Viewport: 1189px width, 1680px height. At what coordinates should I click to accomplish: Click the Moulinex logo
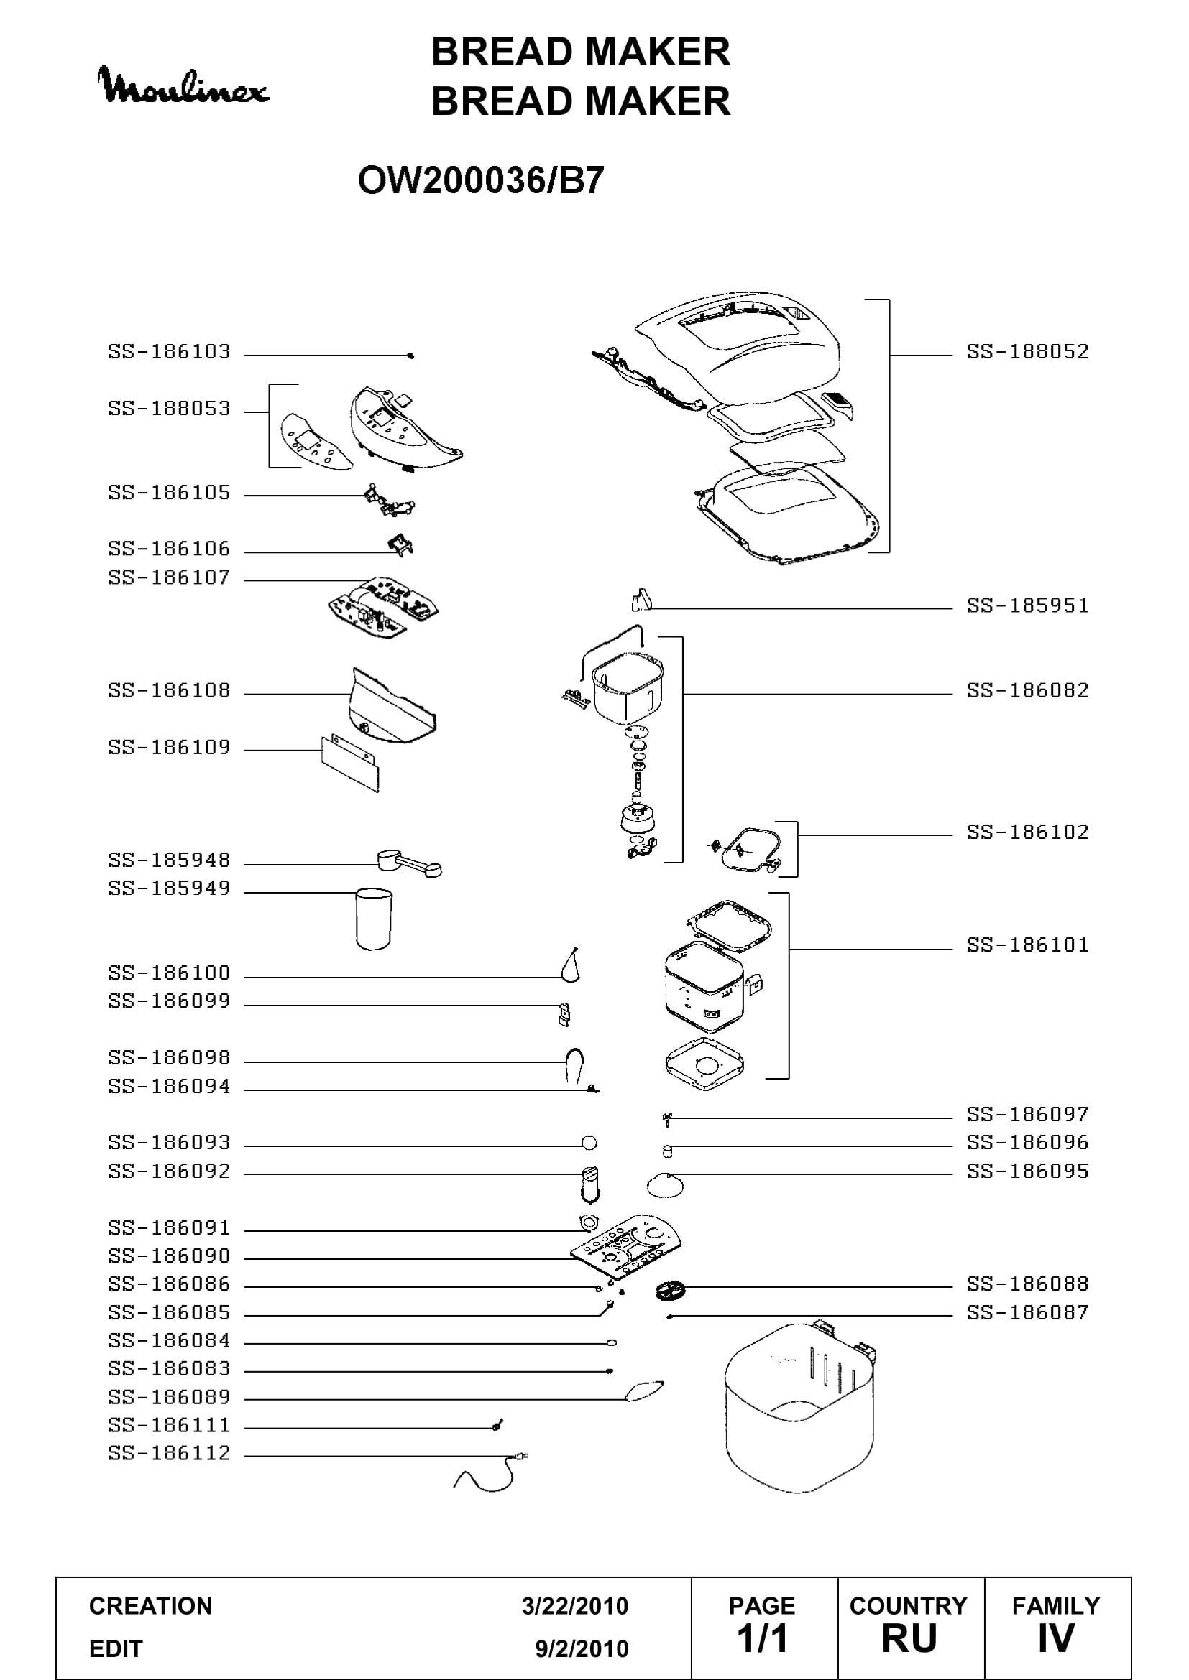184,85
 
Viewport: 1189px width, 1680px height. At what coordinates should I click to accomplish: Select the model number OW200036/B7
481,180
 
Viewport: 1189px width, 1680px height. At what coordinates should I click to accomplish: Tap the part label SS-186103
170,352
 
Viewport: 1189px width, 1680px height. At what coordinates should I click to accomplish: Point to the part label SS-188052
1028,352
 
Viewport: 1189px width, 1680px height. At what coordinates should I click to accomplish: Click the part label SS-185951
1028,606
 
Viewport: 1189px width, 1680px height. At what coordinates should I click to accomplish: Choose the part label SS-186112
170,1453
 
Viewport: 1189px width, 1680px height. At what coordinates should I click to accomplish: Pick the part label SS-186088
1028,1284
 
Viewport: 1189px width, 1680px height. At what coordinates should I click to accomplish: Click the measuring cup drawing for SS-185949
373,919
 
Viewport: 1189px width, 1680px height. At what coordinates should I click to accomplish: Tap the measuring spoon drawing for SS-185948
409,863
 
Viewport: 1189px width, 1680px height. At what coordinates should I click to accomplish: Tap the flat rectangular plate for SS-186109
350,765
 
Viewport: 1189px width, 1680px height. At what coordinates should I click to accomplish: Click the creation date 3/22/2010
575,1606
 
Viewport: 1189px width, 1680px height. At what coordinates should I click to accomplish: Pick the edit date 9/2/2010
582,1648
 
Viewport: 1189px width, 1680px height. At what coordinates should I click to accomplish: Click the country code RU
909,1639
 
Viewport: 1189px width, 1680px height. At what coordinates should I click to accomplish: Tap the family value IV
1056,1639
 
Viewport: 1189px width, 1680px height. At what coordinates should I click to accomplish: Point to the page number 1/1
762,1639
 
